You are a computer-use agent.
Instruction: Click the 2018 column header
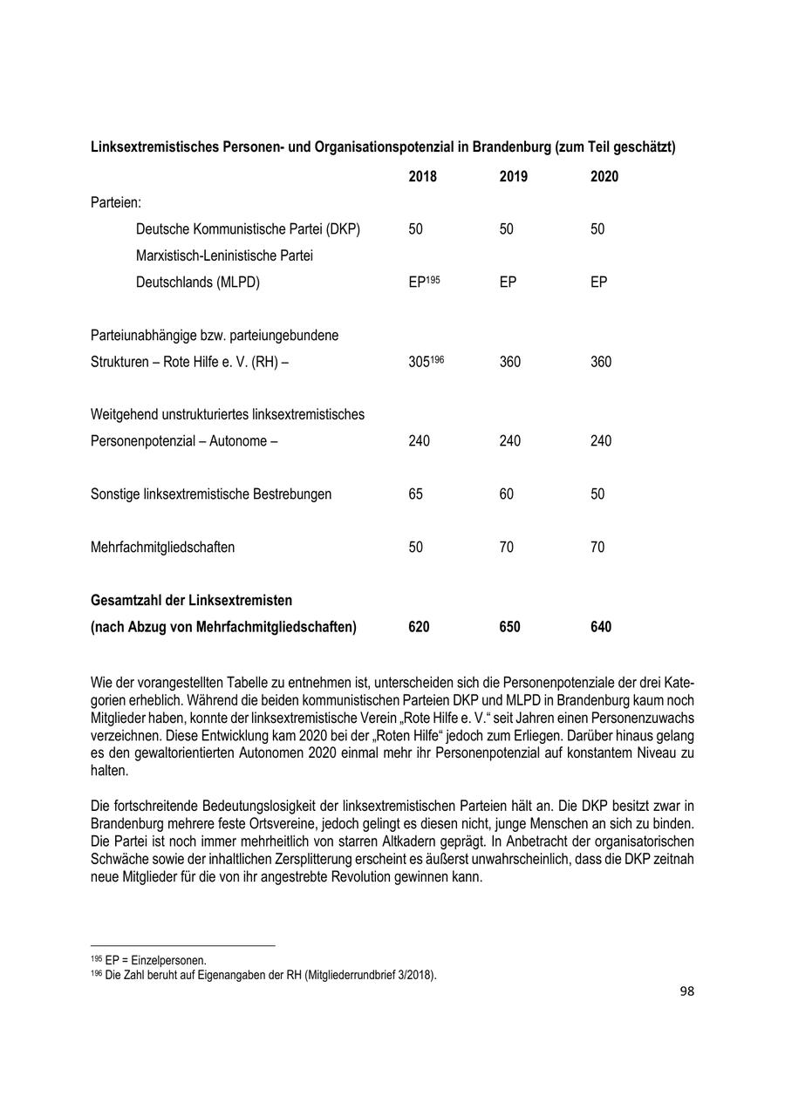click(x=422, y=177)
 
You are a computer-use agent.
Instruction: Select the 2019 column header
click(x=513, y=177)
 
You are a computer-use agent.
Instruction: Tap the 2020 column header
click(x=604, y=177)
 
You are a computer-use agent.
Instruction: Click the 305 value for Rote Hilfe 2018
click(x=420, y=362)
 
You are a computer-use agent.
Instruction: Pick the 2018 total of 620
click(x=419, y=627)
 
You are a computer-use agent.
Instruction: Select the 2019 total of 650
click(x=509, y=627)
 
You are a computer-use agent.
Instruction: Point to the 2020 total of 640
click(x=600, y=627)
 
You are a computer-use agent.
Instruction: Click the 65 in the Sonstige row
click(x=415, y=494)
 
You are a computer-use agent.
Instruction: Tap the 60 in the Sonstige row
click(x=506, y=494)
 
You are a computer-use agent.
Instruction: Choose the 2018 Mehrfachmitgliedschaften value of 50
click(x=415, y=548)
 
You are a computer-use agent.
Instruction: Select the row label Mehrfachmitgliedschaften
click(x=162, y=548)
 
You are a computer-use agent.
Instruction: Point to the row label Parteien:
click(x=116, y=203)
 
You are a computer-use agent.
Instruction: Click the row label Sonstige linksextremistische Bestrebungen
click(x=211, y=494)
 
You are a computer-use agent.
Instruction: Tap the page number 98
click(x=686, y=991)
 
